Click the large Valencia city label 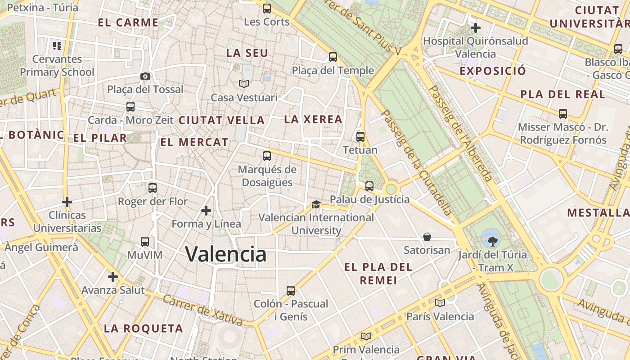226,254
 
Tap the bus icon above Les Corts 267,8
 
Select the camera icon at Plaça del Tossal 145,76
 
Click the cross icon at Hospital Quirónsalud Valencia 475,28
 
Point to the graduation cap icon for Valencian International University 316,205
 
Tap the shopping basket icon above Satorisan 427,236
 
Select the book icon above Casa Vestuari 243,84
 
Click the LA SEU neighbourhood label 247,53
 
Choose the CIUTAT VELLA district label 221,120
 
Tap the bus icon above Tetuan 360,136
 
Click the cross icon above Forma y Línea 206,210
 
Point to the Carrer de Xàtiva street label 202,310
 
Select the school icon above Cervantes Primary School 57,45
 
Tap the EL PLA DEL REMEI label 378,274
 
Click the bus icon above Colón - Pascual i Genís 291,290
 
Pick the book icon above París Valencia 440,303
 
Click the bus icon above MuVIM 144,242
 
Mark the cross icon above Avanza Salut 112,277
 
